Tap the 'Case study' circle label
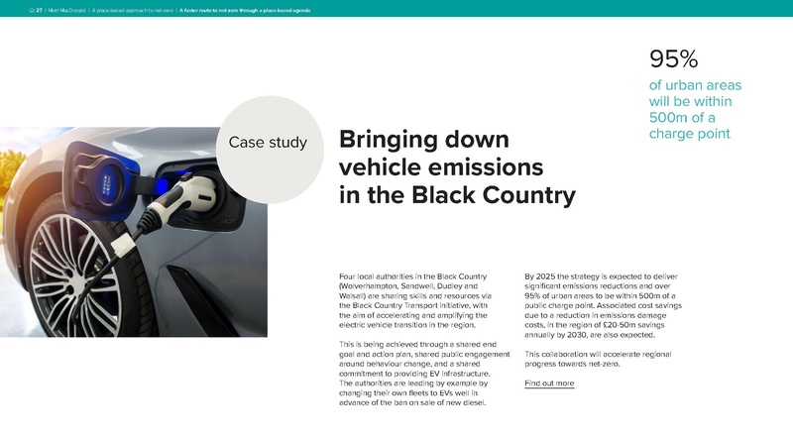tap(268, 143)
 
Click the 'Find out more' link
tap(549, 383)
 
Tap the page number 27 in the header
tap(39, 8)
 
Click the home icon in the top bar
tap(29, 8)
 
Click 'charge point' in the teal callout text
tap(689, 133)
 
